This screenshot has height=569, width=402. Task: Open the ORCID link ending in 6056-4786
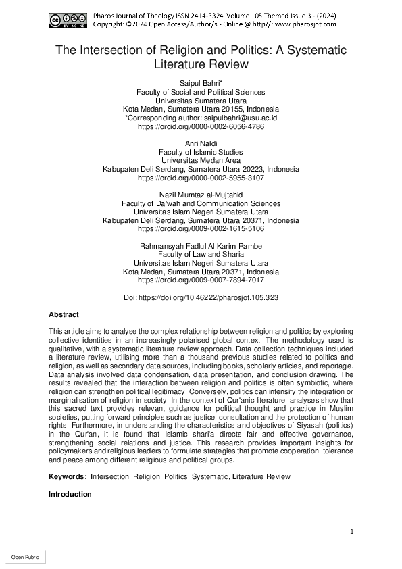201,126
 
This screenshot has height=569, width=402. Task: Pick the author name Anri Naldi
201,144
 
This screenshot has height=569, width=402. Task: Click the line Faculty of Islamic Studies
201,153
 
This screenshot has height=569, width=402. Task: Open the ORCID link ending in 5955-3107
201,178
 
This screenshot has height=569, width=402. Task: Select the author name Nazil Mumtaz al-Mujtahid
201,195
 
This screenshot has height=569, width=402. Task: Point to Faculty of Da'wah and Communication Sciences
201,203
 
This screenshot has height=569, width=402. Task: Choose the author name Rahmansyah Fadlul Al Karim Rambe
201,246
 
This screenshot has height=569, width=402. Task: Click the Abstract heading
64,315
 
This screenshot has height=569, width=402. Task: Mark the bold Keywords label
68,476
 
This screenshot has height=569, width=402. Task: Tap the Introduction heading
70,494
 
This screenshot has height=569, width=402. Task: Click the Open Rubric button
23,558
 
